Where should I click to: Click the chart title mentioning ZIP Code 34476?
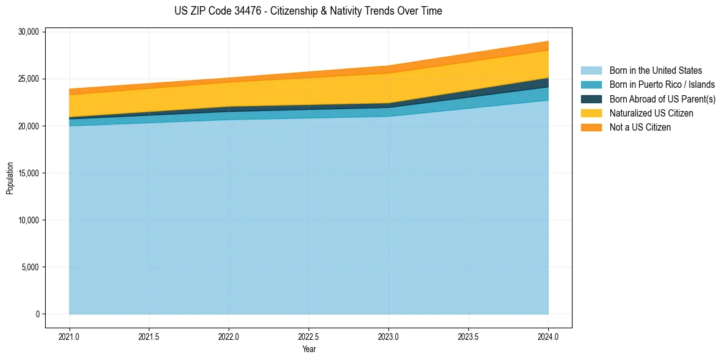[x=308, y=11]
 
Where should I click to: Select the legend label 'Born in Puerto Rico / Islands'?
[x=662, y=85]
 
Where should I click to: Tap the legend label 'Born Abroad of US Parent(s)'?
[x=662, y=99]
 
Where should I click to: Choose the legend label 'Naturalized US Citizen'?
[x=651, y=113]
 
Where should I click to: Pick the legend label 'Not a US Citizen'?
[x=640, y=127]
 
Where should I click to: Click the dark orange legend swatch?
[x=591, y=127]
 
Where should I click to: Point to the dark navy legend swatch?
[x=591, y=99]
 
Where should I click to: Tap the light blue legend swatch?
[x=591, y=71]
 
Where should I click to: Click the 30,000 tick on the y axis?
[x=28, y=32]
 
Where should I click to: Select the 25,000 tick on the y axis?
[x=28, y=79]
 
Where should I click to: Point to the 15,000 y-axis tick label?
[x=28, y=173]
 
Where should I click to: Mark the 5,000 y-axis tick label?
[x=30, y=267]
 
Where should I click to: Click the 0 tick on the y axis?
[x=37, y=314]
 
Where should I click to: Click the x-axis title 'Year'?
[x=309, y=349]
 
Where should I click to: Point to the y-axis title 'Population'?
[x=10, y=178]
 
